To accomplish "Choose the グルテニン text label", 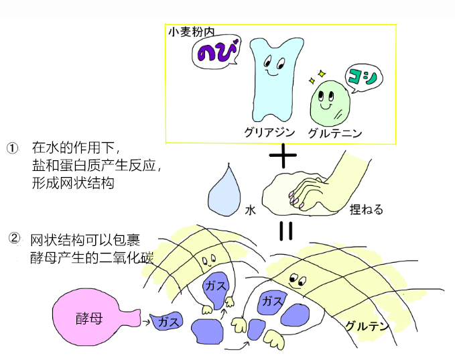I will click(334, 133).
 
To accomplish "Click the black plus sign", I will click(282, 157).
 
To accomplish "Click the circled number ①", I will click(12, 148).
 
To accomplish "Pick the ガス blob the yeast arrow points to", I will click(168, 322).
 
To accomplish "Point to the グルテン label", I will click(367, 326).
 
